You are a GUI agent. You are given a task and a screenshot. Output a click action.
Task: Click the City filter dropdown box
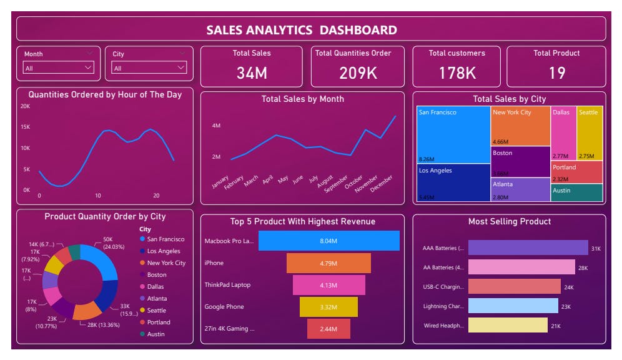click(x=149, y=67)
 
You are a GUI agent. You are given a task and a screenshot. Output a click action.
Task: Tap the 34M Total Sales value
click(x=252, y=73)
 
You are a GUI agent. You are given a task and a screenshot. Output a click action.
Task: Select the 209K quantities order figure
click(x=358, y=73)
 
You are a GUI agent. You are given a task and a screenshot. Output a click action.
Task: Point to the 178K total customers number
click(x=457, y=73)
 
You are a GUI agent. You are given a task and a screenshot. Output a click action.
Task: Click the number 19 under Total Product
click(x=556, y=73)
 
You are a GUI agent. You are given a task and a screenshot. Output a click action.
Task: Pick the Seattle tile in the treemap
click(x=590, y=133)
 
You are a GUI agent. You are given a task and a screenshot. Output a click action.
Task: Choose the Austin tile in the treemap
click(x=576, y=192)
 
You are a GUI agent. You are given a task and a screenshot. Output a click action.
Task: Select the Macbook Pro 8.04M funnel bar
click(x=328, y=241)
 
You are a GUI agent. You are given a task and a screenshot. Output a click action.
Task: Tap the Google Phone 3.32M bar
click(x=328, y=307)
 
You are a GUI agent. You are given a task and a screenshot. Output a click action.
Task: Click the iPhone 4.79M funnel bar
click(x=328, y=262)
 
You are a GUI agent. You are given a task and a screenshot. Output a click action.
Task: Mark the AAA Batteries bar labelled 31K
click(x=528, y=248)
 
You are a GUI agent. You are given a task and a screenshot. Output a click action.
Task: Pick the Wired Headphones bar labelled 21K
click(x=508, y=326)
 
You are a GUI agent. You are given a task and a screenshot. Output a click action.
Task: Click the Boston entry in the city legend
click(x=156, y=275)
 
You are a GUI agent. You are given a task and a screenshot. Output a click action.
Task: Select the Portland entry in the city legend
click(x=158, y=322)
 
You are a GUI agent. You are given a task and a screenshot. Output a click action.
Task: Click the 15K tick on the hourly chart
click(x=26, y=127)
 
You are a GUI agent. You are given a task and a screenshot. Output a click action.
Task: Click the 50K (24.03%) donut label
click(x=108, y=242)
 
